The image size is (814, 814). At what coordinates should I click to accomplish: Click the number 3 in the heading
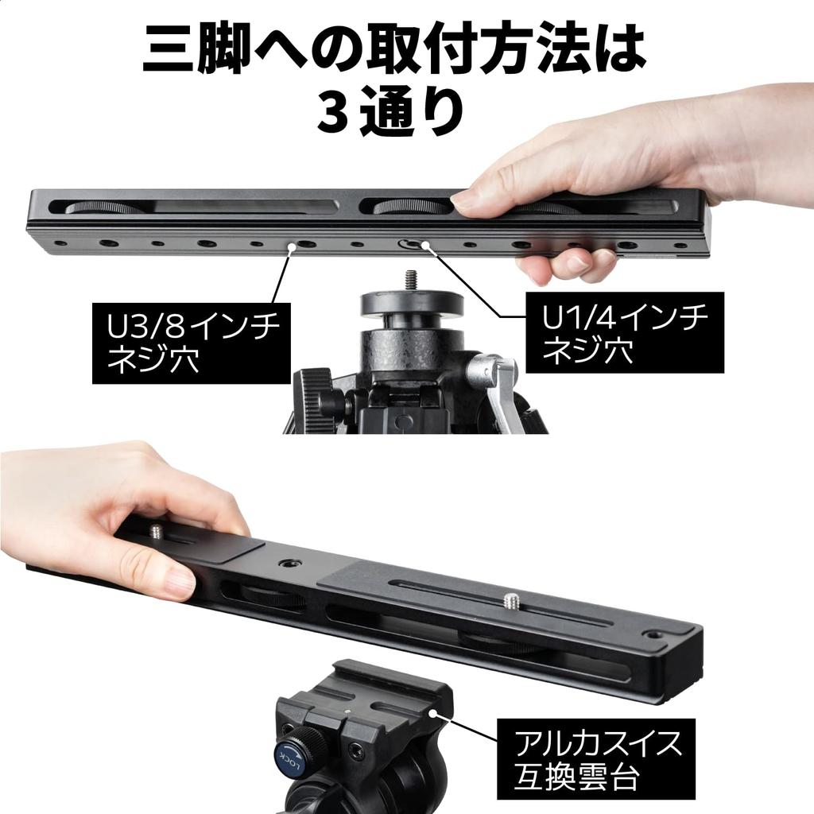tap(331, 112)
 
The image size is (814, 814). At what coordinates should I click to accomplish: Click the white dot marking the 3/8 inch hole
tap(292, 248)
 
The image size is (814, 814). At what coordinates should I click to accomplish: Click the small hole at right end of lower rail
tap(653, 634)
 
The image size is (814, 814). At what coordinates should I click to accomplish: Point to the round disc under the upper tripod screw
tap(411, 304)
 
